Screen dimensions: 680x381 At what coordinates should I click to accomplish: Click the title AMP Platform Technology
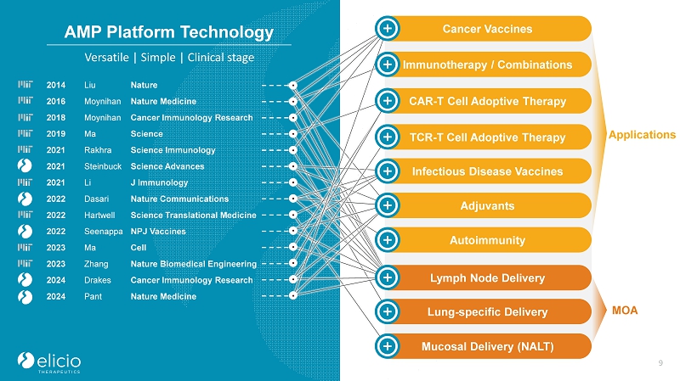[x=168, y=32]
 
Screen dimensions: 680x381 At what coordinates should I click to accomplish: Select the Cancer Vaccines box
[x=483, y=29]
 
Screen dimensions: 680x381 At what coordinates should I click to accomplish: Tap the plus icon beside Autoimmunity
[x=388, y=239]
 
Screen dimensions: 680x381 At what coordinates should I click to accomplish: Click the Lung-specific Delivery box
[x=483, y=311]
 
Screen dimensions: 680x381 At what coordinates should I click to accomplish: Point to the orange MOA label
[x=625, y=311]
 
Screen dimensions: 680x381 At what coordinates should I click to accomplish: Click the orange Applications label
[x=642, y=135]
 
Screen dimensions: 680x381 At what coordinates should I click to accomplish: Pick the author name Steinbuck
[x=103, y=166]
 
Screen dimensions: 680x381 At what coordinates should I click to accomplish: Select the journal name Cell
[x=139, y=248]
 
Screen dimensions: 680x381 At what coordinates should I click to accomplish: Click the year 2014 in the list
[x=56, y=85]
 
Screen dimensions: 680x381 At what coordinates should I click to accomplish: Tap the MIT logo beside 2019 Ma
[x=25, y=133]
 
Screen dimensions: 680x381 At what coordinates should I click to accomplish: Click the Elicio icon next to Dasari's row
[x=25, y=199]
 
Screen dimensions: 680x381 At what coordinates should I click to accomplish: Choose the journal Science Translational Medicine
[x=194, y=216]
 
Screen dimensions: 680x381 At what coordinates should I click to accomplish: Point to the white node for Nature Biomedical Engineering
[x=293, y=263]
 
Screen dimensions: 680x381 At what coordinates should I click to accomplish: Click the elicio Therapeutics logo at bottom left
[x=49, y=362]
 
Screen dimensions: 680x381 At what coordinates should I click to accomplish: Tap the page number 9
[x=660, y=363]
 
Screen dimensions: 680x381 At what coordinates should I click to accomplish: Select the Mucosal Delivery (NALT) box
[x=483, y=346]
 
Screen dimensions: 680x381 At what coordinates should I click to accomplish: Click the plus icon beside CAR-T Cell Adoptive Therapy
[x=388, y=100]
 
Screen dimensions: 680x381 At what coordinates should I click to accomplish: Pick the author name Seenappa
[x=103, y=231]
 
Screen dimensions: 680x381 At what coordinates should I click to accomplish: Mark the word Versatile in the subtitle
[x=107, y=58]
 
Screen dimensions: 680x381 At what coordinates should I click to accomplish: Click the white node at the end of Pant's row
[x=293, y=295]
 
